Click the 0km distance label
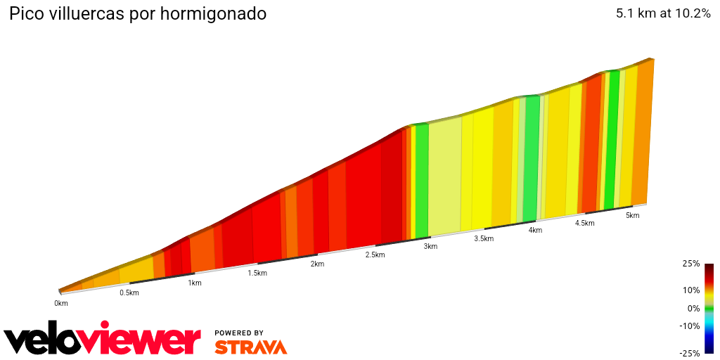pyautogui.click(x=61, y=303)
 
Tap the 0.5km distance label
pyautogui.click(x=129, y=292)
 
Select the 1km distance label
pyautogui.click(x=195, y=283)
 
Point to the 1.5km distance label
pyautogui.click(x=257, y=273)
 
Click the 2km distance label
pyautogui.click(x=317, y=264)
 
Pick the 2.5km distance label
pyautogui.click(x=375, y=255)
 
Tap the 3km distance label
pyautogui.click(x=430, y=246)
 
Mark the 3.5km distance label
pyautogui.click(x=484, y=238)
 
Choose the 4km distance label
pyautogui.click(x=535, y=230)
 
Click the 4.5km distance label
pyautogui.click(x=584, y=223)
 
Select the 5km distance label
pyautogui.click(x=632, y=215)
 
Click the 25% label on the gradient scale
pyautogui.click(x=691, y=264)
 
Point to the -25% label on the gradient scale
pyautogui.click(x=690, y=353)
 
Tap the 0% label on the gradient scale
pyautogui.click(x=693, y=308)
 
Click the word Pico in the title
pyautogui.click(x=25, y=14)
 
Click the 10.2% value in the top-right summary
pyautogui.click(x=691, y=13)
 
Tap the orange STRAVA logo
pyautogui.click(x=250, y=347)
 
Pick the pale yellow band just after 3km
pyautogui.click(x=444, y=176)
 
